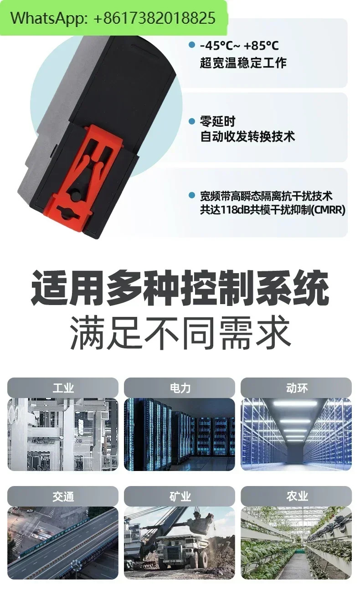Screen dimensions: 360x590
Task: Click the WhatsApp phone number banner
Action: pyautogui.click(x=113, y=18)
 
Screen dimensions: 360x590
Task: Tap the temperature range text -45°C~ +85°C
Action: pyautogui.click(x=239, y=46)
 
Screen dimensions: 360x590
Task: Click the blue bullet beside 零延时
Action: pyautogui.click(x=192, y=121)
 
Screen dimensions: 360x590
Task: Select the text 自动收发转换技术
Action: pyautogui.click(x=247, y=136)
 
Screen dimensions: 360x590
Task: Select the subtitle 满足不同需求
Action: pyautogui.click(x=180, y=333)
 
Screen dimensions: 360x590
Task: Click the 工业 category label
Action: pyautogui.click(x=63, y=388)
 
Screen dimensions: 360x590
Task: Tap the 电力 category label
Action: pyautogui.click(x=180, y=388)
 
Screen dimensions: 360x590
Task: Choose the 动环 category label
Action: pyautogui.click(x=297, y=388)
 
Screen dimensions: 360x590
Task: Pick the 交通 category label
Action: pyautogui.click(x=63, y=497)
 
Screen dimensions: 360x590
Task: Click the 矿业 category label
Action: pyautogui.click(x=180, y=497)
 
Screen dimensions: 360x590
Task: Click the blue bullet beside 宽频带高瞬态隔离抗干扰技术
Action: pyautogui.click(x=192, y=195)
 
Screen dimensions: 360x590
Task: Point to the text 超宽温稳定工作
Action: pyautogui.click(x=243, y=63)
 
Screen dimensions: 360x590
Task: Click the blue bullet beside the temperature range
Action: pyautogui.click(x=192, y=45)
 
